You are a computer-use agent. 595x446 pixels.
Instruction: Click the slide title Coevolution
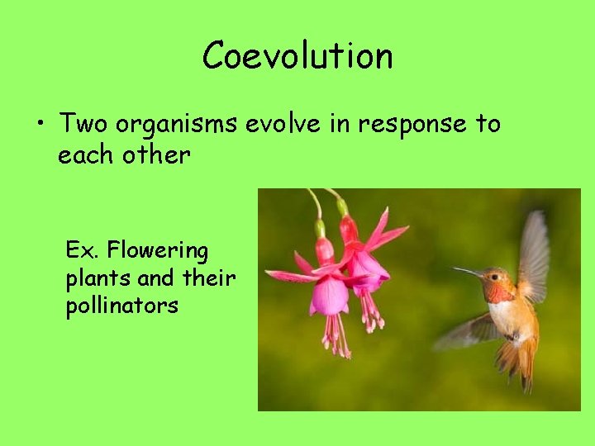(x=297, y=56)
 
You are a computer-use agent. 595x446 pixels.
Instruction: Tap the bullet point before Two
(x=40, y=125)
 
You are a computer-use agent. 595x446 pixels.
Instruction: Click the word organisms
(x=176, y=124)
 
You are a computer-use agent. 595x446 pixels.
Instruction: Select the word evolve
(x=278, y=123)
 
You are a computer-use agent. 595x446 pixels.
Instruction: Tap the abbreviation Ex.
(x=82, y=249)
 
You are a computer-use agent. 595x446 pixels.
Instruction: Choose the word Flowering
(x=158, y=250)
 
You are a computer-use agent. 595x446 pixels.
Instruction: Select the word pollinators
(x=121, y=306)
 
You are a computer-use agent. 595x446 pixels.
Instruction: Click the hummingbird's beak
(x=467, y=272)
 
